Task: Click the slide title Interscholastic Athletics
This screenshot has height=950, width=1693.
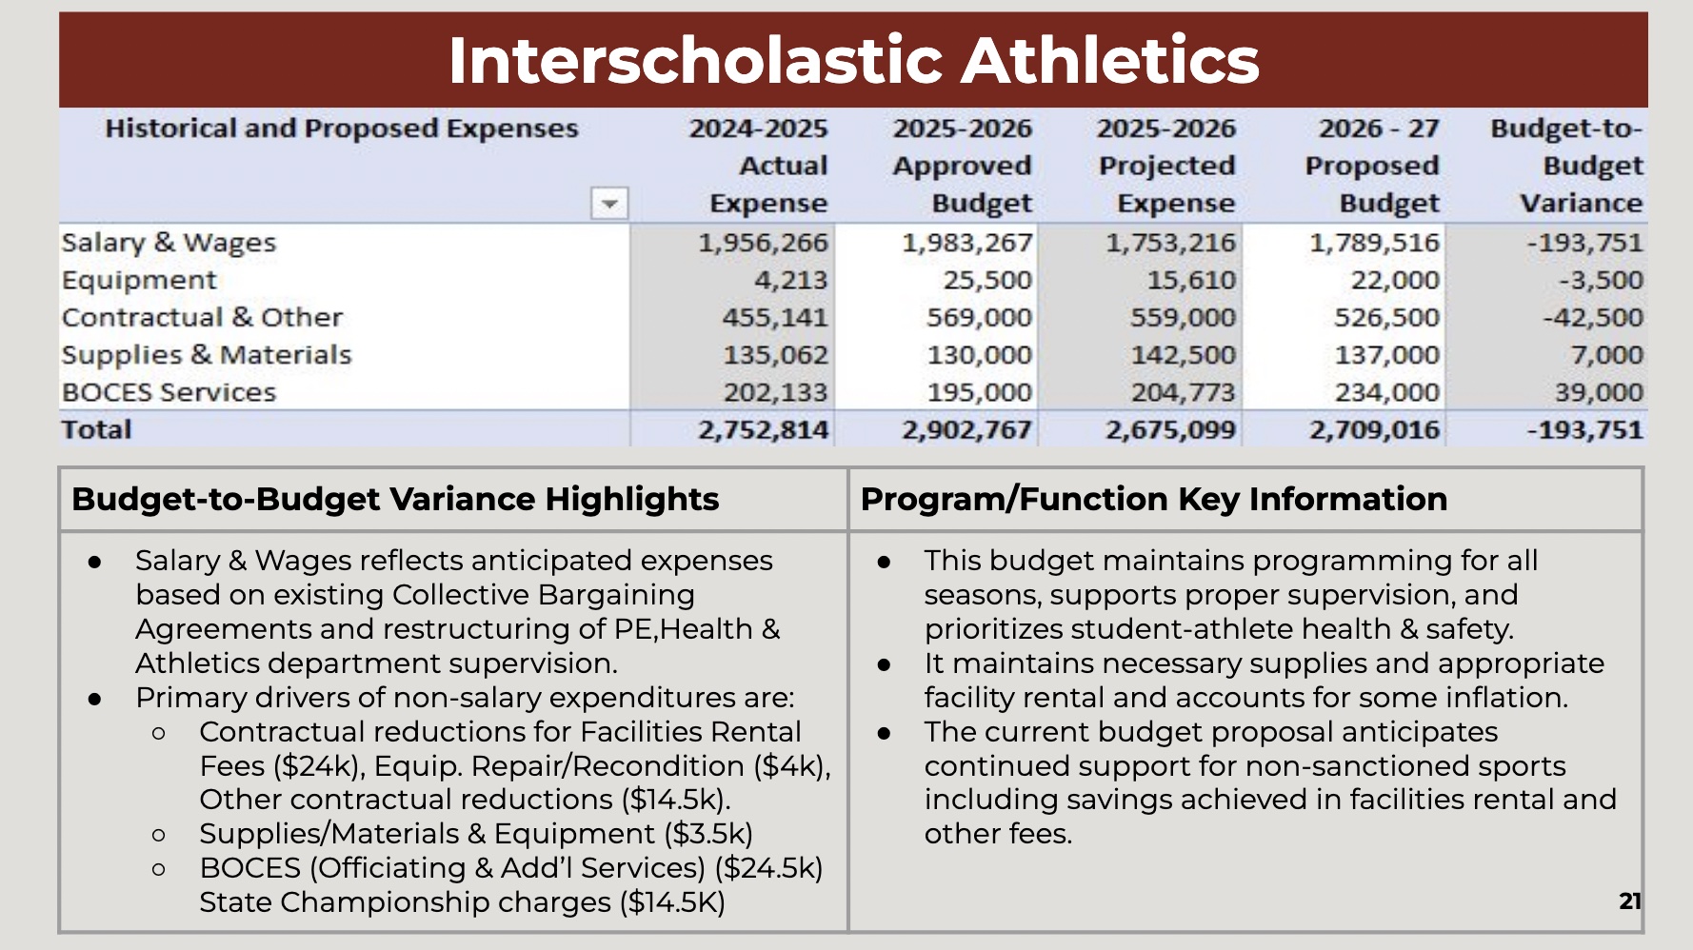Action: point(853,60)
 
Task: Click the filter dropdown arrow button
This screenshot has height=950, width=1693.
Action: point(609,204)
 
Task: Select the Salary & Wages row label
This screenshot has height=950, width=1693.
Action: point(169,243)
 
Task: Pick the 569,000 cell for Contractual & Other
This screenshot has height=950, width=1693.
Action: point(979,317)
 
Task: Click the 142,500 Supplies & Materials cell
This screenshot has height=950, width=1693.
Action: point(1183,355)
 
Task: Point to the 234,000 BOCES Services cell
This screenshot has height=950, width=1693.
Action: point(1386,392)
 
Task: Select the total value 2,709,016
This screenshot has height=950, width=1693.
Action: point(1374,430)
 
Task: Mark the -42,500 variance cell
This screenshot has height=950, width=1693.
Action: point(1592,317)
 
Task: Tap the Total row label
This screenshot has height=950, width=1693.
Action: point(96,430)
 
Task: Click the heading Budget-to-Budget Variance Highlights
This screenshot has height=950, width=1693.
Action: point(395,499)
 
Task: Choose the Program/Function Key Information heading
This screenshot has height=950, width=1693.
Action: point(1153,499)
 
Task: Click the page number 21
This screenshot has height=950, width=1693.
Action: point(1629,901)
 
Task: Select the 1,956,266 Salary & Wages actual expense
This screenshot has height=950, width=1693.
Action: point(763,243)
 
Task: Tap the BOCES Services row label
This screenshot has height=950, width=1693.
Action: point(169,392)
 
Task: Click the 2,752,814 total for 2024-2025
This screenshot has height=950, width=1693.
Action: point(763,430)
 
